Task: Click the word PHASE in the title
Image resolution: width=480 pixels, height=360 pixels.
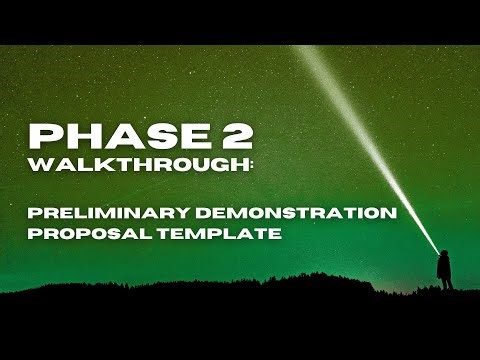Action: [108, 137]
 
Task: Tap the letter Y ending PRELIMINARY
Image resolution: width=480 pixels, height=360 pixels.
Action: [167, 213]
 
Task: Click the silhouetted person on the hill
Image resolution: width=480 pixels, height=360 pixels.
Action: [445, 268]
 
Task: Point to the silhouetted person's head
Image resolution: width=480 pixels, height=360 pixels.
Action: [445, 252]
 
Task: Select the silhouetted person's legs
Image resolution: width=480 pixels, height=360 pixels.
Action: [446, 281]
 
